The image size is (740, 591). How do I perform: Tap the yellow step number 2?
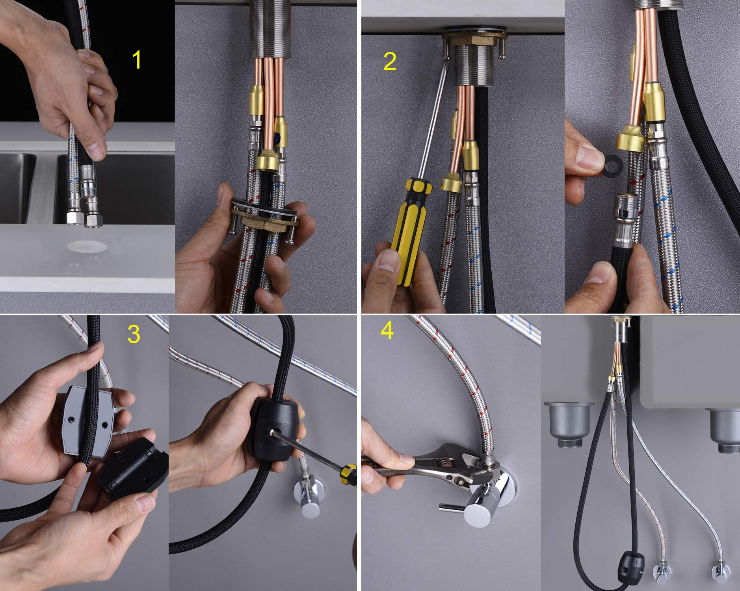390,62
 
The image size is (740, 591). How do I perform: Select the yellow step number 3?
134,334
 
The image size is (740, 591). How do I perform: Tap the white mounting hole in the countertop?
86,247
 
